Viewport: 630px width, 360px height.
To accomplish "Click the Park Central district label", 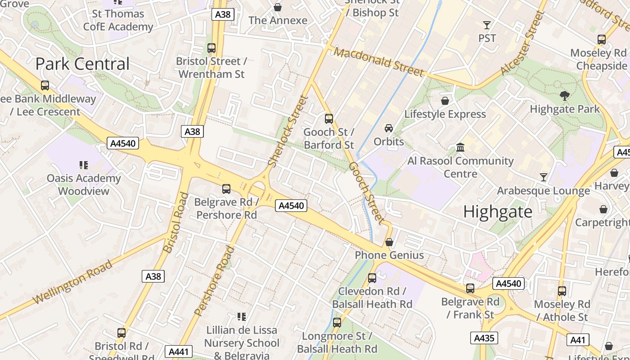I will click(x=82, y=64).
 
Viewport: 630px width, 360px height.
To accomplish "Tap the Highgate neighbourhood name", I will click(x=498, y=211).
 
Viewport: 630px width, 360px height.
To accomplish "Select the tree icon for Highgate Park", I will click(x=564, y=95).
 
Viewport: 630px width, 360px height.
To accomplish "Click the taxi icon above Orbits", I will click(x=389, y=128).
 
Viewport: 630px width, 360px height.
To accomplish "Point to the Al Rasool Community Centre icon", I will click(x=460, y=147).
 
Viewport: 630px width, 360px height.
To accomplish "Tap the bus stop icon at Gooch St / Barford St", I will click(x=329, y=119).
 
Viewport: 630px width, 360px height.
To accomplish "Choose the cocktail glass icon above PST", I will click(x=486, y=25).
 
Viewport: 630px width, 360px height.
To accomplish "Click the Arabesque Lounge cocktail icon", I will click(x=544, y=177).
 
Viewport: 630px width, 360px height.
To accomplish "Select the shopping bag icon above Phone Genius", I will click(x=389, y=242).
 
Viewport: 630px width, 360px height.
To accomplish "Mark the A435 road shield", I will click(x=484, y=338).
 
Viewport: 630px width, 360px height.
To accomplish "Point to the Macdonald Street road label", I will click(x=379, y=62).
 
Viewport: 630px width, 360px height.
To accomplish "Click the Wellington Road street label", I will click(x=72, y=282).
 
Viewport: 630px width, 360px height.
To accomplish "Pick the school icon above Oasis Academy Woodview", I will click(x=83, y=165).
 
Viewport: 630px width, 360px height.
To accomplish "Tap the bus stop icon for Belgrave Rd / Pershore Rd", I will click(x=226, y=189).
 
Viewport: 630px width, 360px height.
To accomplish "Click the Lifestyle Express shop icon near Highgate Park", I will click(x=445, y=101).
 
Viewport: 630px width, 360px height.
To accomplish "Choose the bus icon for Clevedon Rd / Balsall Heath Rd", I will click(x=372, y=278).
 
